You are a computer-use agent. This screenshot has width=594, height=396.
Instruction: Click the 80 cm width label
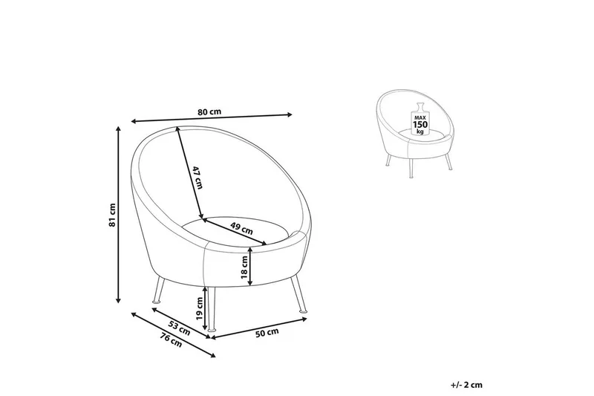209,111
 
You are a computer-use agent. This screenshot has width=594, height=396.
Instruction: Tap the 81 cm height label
112,215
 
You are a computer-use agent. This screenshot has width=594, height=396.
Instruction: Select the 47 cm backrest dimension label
198,178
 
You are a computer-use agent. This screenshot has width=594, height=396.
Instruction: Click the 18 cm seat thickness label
244,267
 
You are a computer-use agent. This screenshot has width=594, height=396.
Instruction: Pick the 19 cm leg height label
200,308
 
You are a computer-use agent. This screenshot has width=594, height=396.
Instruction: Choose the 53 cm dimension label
180,328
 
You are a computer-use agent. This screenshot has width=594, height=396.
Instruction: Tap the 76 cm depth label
172,340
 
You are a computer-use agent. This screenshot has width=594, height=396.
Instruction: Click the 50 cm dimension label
267,333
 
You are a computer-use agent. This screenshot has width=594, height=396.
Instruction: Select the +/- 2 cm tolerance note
466,385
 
